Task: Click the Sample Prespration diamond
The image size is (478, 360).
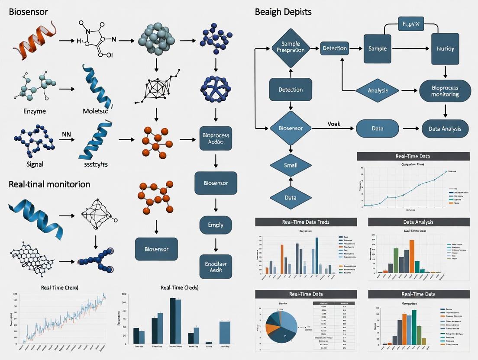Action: click(291, 48)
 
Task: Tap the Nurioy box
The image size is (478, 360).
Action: click(446, 48)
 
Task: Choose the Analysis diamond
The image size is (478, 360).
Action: click(377, 91)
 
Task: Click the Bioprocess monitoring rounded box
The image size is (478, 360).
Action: click(445, 91)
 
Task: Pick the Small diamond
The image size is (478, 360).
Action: click(291, 165)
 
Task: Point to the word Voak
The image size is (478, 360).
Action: click(334, 124)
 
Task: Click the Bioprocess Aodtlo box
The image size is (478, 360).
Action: click(216, 138)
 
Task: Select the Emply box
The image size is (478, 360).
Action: click(216, 225)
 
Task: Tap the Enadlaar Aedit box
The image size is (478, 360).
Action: click(216, 266)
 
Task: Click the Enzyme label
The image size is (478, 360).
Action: click(35, 111)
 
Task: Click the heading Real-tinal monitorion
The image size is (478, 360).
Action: click(49, 184)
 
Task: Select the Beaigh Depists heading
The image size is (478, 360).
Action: click(283, 12)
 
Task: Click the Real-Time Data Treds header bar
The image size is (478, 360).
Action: click(306, 222)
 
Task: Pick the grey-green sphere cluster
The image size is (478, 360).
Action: click(156, 40)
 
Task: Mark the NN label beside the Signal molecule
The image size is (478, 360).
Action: click(66, 134)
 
